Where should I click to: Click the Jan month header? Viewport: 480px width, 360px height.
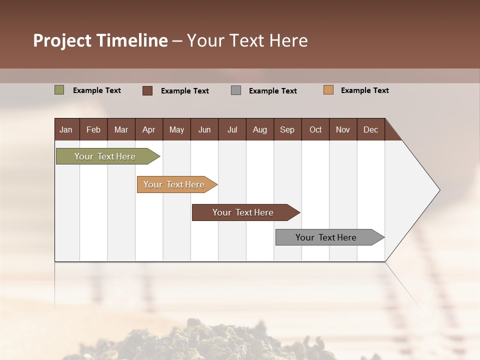point(66,129)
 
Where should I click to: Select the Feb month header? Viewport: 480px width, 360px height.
point(93,129)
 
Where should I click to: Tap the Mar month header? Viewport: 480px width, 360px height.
point(121,129)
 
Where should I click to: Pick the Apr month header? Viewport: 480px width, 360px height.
point(149,129)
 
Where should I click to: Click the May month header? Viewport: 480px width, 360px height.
point(176,129)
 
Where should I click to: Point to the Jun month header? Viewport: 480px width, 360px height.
point(204,129)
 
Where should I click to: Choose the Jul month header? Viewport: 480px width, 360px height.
point(232,129)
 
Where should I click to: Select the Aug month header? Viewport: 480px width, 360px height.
point(260,129)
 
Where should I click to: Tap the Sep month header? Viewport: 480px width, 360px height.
point(287,129)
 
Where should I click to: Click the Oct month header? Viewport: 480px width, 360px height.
point(315,129)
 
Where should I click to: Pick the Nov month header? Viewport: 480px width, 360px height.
point(343,129)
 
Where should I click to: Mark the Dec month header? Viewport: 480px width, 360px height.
point(371,129)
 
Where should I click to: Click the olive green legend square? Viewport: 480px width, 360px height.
point(59,90)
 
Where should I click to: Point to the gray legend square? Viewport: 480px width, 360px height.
point(236,90)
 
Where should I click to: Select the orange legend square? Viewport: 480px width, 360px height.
point(328,90)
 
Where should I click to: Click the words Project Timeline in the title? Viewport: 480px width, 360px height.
point(100,40)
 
